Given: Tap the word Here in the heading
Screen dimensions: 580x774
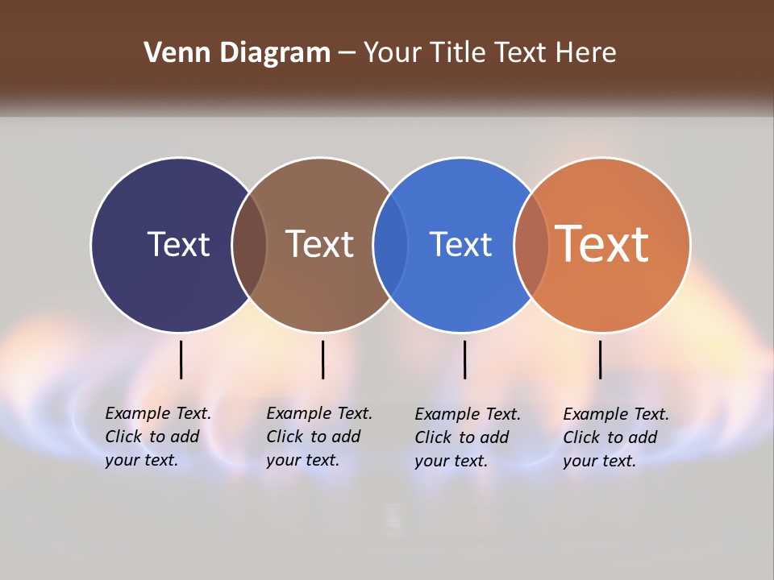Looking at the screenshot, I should coord(587,53).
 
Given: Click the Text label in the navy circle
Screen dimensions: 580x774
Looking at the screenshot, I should coord(178,244).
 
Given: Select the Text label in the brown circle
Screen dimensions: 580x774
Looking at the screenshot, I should coord(319,244).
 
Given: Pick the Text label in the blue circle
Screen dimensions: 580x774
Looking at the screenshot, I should coord(460,244).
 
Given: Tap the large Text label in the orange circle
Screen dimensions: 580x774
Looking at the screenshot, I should coord(602,244).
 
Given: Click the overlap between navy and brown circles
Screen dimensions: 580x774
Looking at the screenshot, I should coord(249,245).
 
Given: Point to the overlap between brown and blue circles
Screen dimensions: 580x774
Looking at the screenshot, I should coord(390,245).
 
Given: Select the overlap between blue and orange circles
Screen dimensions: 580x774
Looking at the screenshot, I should coord(531,245).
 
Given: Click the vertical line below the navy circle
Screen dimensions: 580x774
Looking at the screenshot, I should coord(181,359).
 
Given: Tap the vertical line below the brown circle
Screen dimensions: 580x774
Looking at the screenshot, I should coord(322,359).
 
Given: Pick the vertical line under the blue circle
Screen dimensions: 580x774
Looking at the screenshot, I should coord(465,359).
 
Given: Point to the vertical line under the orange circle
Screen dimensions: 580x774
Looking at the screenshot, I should coord(601,359).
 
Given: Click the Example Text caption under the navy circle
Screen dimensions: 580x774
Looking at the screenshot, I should coord(158,437).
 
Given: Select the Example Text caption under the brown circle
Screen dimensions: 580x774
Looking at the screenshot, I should coord(319,437).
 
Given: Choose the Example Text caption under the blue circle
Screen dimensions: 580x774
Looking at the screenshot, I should coord(468,437).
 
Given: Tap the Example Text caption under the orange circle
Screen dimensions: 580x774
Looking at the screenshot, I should coord(616,437).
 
